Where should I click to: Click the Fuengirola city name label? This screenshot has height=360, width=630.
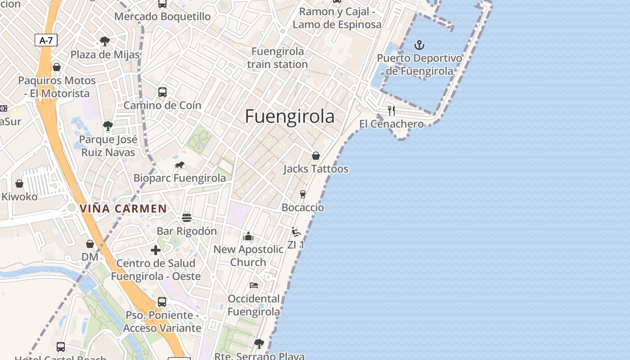[x=290, y=117]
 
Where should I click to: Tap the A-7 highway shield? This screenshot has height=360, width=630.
[x=46, y=40]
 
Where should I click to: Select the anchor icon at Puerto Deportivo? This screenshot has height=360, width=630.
[x=419, y=45]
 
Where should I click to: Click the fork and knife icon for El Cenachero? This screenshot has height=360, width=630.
[x=391, y=110]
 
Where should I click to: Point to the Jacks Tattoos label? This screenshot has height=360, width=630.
[x=316, y=169]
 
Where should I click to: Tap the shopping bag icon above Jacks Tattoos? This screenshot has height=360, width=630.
[x=316, y=156]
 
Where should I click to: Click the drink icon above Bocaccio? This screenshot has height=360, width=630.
[x=303, y=194]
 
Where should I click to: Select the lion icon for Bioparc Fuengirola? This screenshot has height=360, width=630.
[x=180, y=165]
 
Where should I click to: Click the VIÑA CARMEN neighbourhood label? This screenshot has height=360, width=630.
[x=123, y=209]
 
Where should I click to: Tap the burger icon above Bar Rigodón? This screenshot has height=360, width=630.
[x=187, y=218]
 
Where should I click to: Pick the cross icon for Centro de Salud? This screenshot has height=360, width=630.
[x=156, y=250]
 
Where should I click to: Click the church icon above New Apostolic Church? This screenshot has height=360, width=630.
[x=248, y=236]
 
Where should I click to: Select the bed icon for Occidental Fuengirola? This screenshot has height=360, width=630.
[x=254, y=285]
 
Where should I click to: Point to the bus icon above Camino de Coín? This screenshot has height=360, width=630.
[x=162, y=92]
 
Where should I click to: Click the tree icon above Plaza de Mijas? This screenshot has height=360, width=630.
[x=105, y=41]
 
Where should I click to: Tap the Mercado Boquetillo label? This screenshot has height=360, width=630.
[x=162, y=17]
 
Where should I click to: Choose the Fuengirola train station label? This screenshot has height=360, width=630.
[x=277, y=58]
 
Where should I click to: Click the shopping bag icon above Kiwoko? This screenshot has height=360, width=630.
[x=19, y=184]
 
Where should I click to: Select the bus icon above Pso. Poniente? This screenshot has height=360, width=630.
[x=162, y=301]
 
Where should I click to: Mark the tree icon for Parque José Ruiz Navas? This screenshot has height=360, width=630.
[x=108, y=126]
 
